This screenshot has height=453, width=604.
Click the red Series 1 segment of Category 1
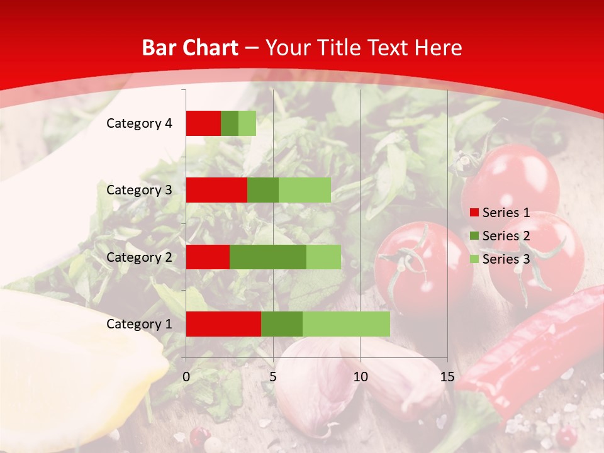(223, 324)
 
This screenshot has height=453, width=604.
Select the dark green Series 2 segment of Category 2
(268, 257)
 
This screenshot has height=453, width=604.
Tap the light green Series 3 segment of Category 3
(305, 190)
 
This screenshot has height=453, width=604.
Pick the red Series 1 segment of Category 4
(203, 123)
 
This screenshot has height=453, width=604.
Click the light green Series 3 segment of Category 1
(346, 324)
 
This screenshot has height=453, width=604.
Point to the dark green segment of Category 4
(230, 123)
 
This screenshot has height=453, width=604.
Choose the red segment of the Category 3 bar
(216, 190)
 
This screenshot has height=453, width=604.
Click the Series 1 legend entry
(500, 213)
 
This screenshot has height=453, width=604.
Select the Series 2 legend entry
(500, 236)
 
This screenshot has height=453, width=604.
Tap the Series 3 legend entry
(500, 259)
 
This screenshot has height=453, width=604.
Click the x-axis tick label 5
(273, 377)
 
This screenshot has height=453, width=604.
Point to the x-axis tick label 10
(360, 377)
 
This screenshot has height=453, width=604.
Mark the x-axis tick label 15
(447, 377)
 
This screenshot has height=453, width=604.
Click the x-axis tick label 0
(186, 377)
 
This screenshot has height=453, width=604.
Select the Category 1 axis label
(139, 324)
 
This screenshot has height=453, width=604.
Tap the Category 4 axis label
(139, 123)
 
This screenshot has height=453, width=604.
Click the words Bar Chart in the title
(190, 48)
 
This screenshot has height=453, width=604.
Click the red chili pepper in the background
(541, 352)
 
